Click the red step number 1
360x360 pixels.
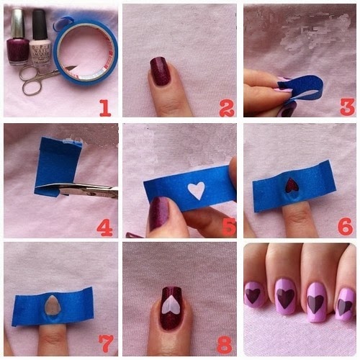(x=106, y=108)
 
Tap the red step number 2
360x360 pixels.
(x=227, y=108)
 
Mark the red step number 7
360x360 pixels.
(x=106, y=344)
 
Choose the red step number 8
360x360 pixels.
(x=225, y=345)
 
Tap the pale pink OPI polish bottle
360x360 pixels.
(x=40, y=38)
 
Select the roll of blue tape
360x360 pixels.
(x=86, y=52)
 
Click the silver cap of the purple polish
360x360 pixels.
(x=18, y=23)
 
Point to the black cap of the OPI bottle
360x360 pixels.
(x=40, y=24)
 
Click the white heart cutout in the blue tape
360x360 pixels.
(x=197, y=190)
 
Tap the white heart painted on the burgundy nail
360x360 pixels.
(x=171, y=305)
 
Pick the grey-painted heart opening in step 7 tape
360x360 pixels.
(x=51, y=305)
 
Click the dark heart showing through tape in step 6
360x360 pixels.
(x=292, y=185)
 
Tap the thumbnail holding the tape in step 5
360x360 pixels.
(x=159, y=213)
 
